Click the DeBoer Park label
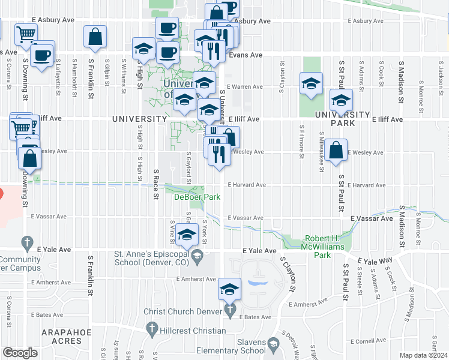(197, 197)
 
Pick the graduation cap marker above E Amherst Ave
(229, 288)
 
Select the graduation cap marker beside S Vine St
(188, 234)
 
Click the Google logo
(20, 353)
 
